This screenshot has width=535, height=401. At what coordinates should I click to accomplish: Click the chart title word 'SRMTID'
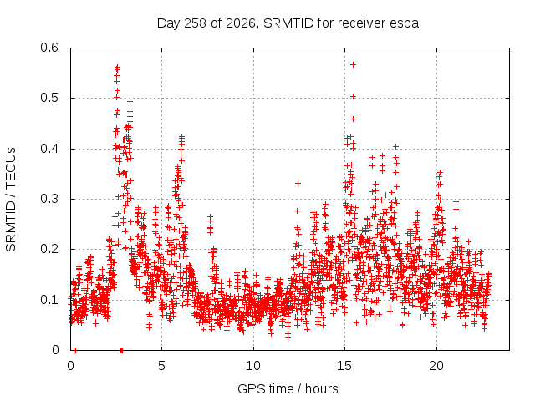288,23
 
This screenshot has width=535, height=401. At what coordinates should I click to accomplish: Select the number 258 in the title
195,23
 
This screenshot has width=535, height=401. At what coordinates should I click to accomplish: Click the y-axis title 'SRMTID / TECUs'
11,200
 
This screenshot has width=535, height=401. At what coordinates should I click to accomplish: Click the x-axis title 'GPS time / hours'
288,388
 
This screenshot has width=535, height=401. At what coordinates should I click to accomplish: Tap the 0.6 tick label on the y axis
49,48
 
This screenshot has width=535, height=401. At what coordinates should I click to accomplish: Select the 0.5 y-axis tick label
49,98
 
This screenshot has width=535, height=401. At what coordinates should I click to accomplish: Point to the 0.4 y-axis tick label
49,149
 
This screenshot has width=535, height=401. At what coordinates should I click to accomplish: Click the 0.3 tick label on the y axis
49,199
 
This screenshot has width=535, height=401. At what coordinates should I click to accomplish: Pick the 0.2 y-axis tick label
49,249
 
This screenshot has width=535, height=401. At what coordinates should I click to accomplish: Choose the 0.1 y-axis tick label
49,300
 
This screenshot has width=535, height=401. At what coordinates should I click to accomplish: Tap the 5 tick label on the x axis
161,366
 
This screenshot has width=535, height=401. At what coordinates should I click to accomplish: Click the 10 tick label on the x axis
253,366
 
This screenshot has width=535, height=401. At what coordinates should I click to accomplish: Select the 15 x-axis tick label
344,366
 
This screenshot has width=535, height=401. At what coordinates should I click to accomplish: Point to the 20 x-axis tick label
436,366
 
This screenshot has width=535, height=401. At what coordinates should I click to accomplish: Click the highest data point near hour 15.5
354,65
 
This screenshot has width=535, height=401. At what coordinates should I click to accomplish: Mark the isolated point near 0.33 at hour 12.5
298,184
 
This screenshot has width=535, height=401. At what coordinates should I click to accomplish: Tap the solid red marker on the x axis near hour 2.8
121,350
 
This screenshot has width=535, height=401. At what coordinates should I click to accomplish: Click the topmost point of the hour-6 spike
182,137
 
